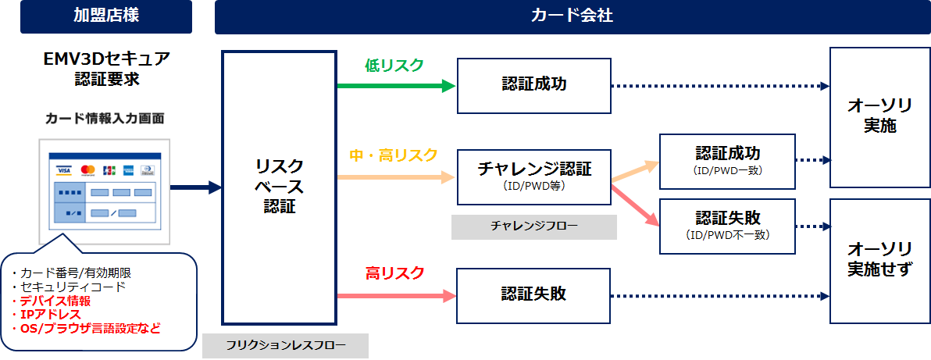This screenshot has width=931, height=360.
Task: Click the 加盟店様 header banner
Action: coord(106,16)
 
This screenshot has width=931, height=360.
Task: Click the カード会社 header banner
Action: coord(573,16)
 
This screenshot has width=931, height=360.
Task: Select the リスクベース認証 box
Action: coord(279,187)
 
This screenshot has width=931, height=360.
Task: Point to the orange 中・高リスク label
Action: coord(394,155)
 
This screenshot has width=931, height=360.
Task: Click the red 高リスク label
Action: coord(395,273)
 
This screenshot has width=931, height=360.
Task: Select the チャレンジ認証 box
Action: coord(533,177)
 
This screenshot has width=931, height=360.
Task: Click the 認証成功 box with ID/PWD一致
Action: coord(727,162)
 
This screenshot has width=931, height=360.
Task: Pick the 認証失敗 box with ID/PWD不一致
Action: coord(727,226)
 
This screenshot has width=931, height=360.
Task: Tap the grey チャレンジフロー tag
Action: coord(533,226)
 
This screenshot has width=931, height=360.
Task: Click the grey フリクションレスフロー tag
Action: coord(285,346)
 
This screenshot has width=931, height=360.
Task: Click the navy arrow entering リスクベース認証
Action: coord(196,187)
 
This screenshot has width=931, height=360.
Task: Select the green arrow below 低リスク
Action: coord(397,86)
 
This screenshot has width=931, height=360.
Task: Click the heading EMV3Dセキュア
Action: coord(107,59)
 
